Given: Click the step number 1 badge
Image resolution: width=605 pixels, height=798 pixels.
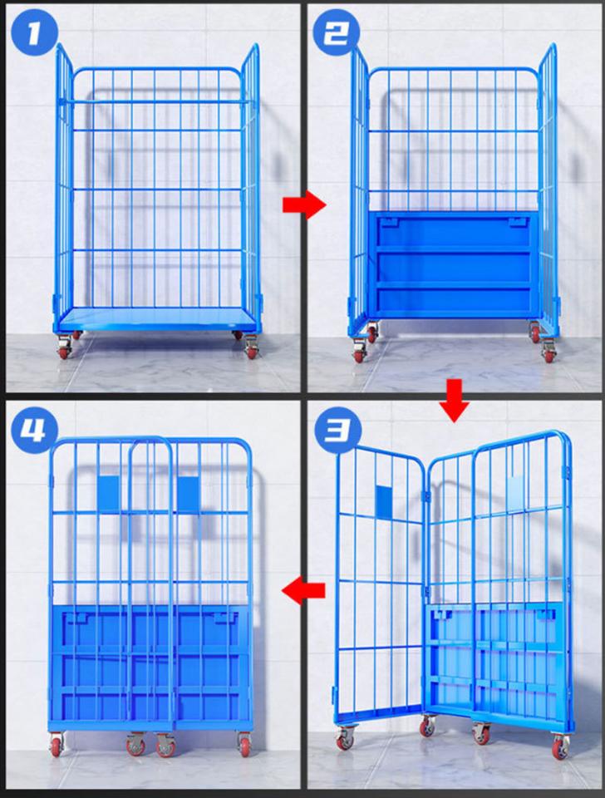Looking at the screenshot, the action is (x=34, y=32).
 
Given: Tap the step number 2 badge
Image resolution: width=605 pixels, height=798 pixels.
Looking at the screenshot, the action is (x=336, y=32).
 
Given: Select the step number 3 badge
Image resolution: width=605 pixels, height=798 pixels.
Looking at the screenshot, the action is (x=338, y=430).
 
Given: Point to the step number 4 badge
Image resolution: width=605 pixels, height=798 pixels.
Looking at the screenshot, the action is (x=34, y=430).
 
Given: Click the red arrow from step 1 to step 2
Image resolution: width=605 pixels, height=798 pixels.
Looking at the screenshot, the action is (x=304, y=205).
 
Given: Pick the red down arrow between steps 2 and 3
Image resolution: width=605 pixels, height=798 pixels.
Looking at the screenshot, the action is (x=454, y=400).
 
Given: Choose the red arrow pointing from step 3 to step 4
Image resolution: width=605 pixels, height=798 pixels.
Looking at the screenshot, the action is (x=303, y=590).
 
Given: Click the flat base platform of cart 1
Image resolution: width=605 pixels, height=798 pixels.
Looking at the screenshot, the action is (x=158, y=319).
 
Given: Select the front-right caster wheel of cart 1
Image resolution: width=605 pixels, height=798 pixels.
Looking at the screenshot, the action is (x=251, y=348).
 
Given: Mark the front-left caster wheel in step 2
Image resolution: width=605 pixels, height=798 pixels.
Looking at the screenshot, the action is (x=359, y=351).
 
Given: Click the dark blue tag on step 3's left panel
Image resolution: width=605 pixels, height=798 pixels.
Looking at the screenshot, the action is (x=384, y=501).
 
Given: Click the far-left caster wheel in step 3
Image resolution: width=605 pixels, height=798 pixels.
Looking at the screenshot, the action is (x=345, y=737).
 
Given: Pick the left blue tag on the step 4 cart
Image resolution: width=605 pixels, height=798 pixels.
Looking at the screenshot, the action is (x=108, y=494).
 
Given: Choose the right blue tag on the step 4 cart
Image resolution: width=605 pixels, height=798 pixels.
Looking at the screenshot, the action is (x=189, y=494).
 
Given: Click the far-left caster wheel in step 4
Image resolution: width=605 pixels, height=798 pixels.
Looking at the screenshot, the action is (x=57, y=745).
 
